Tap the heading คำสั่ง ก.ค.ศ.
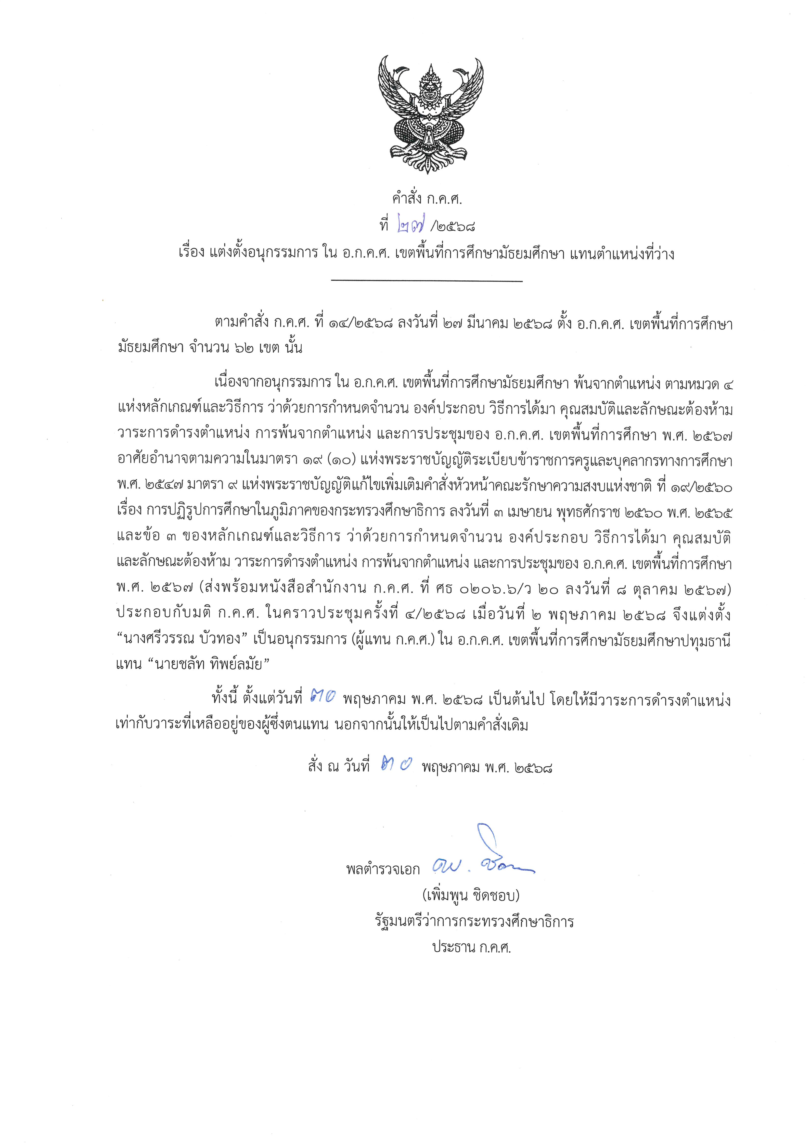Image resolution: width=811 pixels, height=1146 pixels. click(x=427, y=200)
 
